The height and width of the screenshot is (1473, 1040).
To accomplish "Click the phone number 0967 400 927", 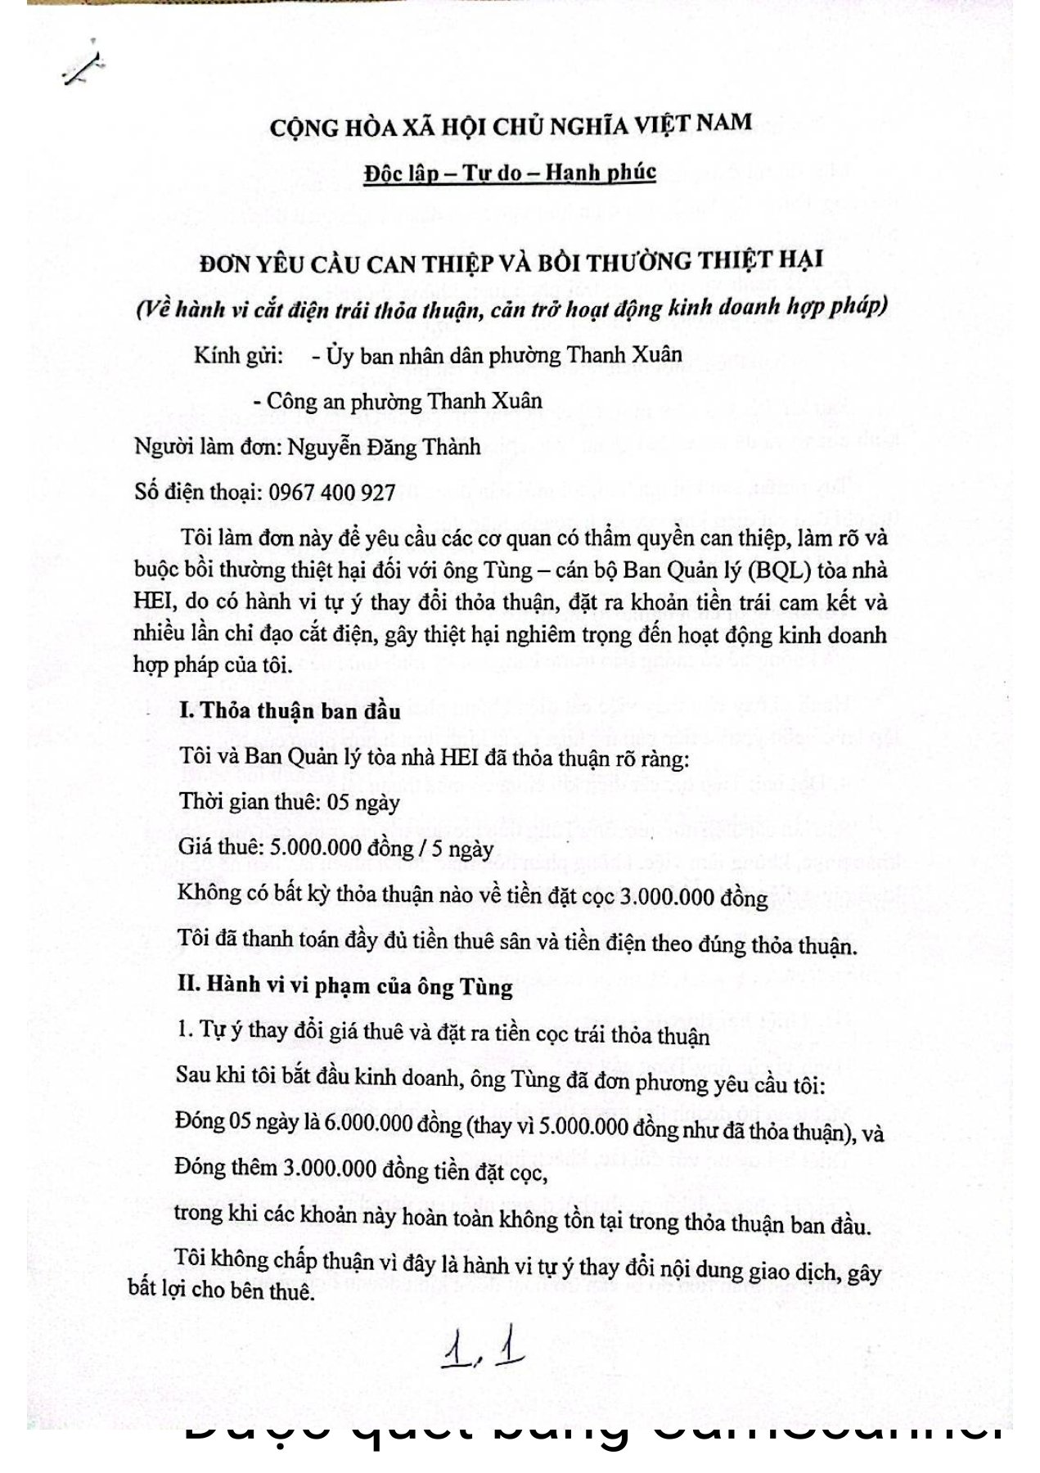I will (332, 492).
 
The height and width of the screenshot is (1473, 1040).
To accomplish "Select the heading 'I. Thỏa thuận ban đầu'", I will (290, 710).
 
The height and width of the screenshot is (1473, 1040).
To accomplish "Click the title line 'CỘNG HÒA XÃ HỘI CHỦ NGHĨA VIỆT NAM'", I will (511, 125).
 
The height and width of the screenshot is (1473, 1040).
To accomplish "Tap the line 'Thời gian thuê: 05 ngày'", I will (290, 801).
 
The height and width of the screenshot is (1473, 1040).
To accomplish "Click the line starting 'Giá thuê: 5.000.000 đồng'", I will (335, 846).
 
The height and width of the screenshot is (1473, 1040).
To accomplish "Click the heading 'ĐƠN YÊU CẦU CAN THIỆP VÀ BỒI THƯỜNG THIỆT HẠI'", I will (511, 262).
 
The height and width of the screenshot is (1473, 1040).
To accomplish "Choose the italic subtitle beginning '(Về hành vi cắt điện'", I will (511, 309).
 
